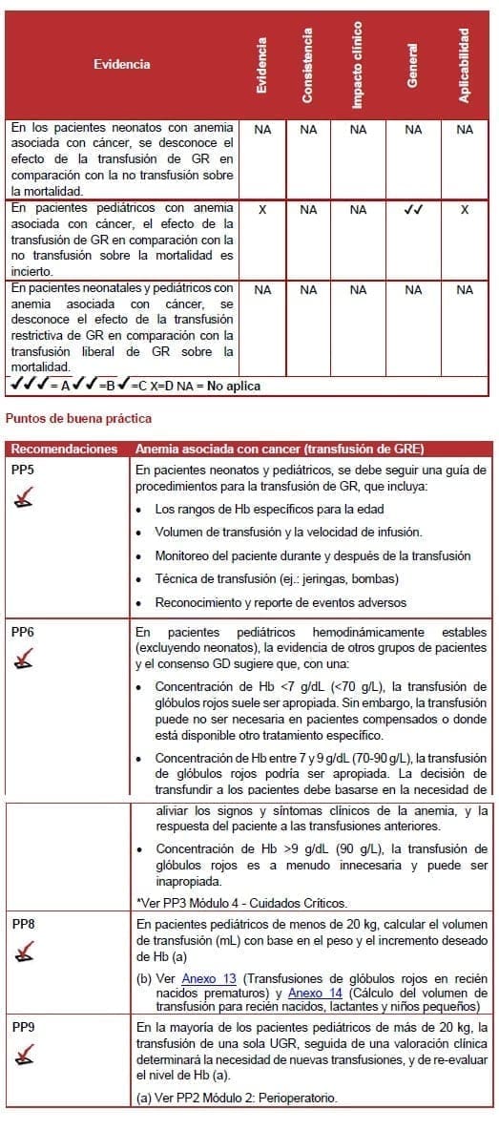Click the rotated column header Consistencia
coord(307,65)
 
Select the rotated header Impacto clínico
coord(358,65)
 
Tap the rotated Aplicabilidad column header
coord(464,65)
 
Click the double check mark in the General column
coord(412,209)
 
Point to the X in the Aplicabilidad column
coord(464,209)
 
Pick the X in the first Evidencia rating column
coord(262,209)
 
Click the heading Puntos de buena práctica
coord(78,418)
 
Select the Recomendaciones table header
coord(65,449)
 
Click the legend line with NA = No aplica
coord(134,387)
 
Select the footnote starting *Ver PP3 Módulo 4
coord(241,903)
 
